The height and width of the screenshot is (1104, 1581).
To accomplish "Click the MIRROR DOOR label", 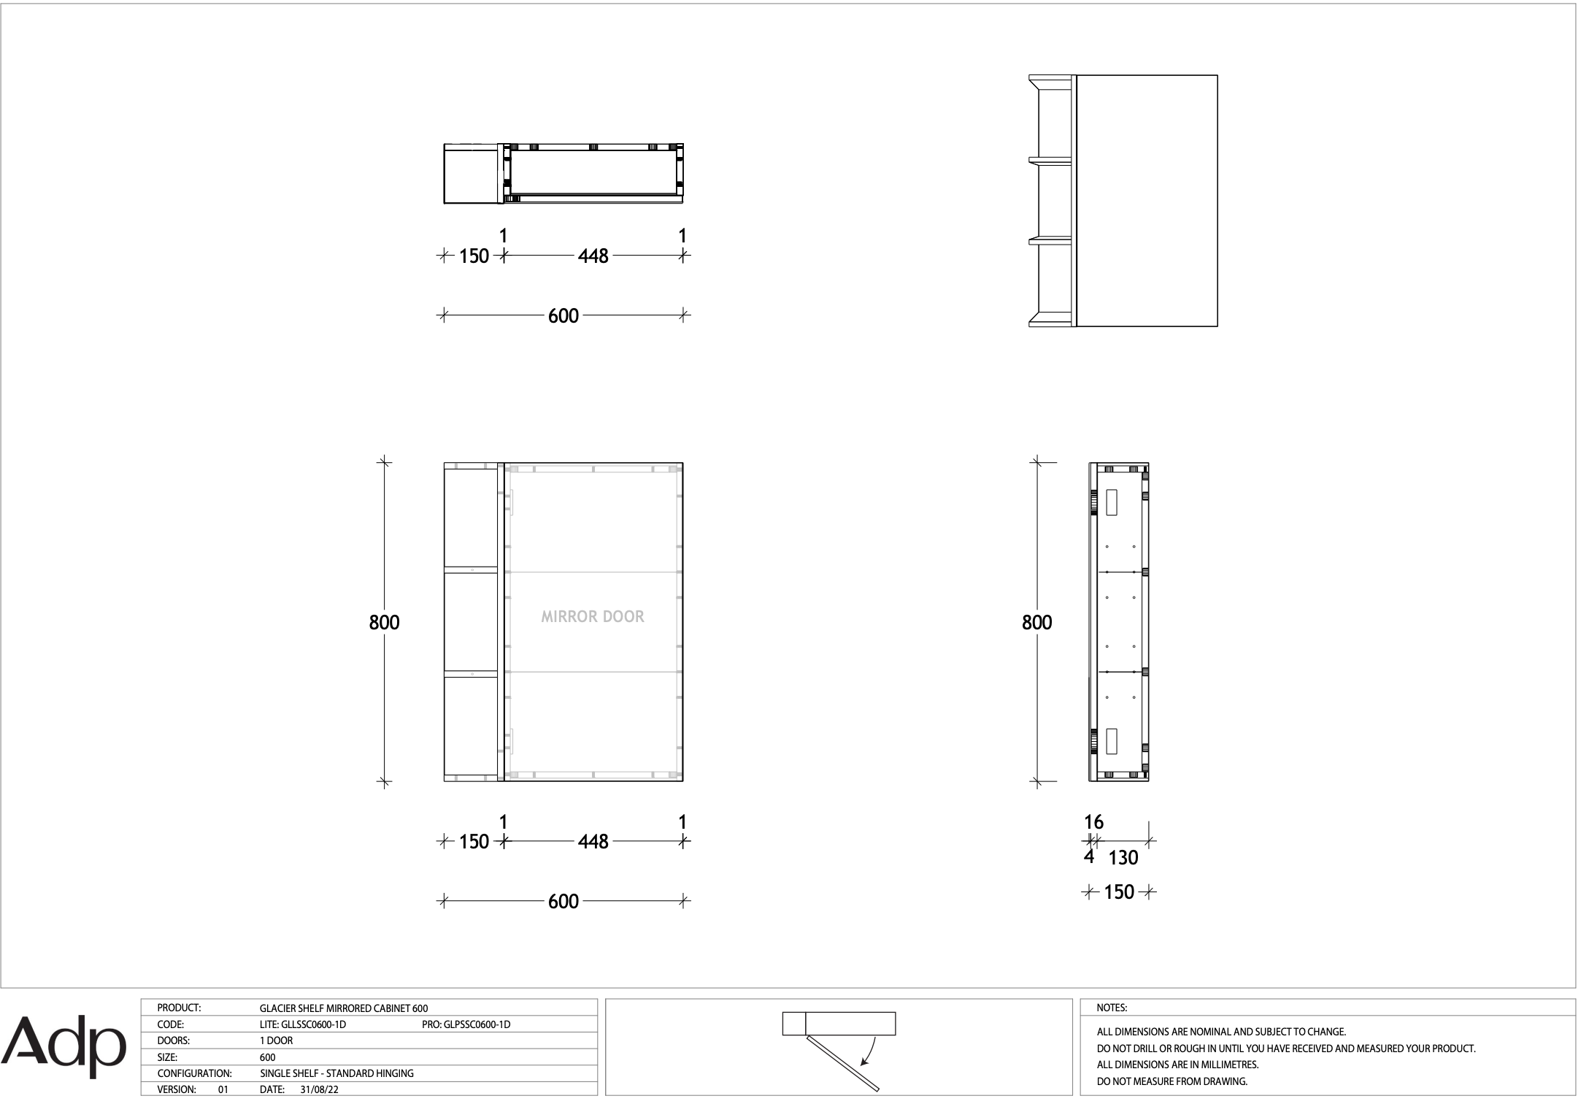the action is coord(593,617).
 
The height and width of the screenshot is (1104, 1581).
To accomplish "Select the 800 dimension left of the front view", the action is coord(384,622).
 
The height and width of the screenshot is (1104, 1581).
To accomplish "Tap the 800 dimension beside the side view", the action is coord(1036,622).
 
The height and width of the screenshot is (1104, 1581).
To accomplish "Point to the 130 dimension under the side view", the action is coord(1123,858).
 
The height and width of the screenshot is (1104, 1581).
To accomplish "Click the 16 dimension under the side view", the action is coord(1093,822).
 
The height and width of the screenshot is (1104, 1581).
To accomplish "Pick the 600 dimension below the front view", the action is coord(563,902).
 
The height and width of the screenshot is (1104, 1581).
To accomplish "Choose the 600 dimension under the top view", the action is coord(563,316).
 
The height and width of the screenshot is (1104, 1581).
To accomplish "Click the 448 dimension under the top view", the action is coord(593,256).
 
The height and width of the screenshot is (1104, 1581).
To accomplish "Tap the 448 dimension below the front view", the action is coord(593,842).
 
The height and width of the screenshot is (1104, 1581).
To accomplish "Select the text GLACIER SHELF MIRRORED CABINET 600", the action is coord(344,1008).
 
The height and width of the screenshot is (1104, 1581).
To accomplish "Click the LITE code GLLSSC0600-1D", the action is coord(303,1024).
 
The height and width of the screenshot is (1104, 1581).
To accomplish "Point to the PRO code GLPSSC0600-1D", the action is coord(466,1024).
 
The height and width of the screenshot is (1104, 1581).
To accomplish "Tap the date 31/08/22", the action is coord(319,1089).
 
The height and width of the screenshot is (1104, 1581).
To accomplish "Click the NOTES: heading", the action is coord(1112,1008).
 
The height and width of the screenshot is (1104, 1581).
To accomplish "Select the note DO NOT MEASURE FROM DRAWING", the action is coord(1172,1081).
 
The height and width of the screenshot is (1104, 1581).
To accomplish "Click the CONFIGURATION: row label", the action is coord(195,1073).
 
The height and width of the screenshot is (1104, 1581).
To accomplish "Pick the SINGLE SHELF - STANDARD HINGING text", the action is coord(337,1073).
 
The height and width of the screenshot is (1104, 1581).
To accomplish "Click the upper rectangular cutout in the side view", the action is coord(1112,503).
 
